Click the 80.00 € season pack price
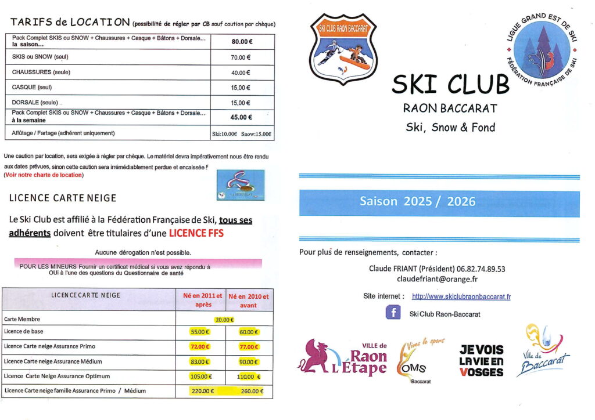[x=242, y=41]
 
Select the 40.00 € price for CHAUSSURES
[x=240, y=73]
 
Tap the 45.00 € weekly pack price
[x=242, y=117]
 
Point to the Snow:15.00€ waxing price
[x=257, y=133]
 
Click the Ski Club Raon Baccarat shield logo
[x=343, y=48]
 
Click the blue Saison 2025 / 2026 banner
[x=439, y=202]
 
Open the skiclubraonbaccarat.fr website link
[x=461, y=296]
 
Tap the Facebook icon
[x=393, y=313]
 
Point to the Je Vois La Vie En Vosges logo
[x=481, y=360]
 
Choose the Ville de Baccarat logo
[x=543, y=351]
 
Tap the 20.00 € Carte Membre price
[x=224, y=319]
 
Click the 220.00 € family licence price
[x=203, y=391]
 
